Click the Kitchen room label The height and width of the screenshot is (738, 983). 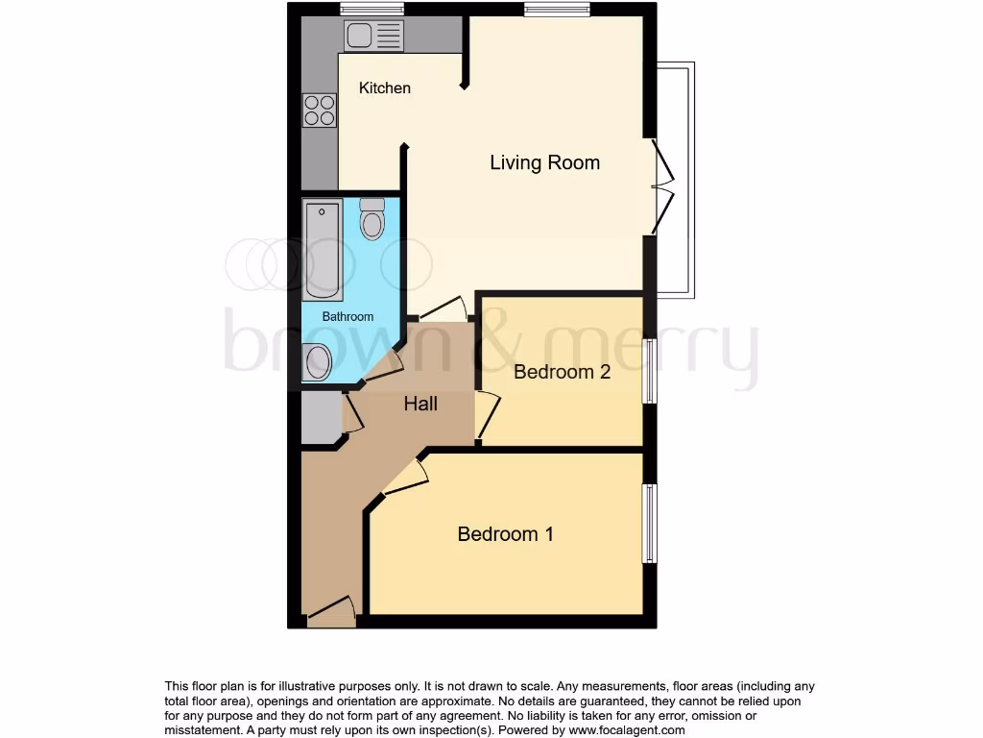[384, 88]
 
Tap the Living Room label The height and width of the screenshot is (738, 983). [544, 162]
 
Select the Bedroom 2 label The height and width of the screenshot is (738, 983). [562, 372]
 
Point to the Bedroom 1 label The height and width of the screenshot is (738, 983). [505, 534]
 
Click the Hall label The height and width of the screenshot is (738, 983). [420, 404]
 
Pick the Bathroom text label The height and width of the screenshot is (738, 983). [348, 316]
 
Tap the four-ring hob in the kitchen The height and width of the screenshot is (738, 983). [320, 110]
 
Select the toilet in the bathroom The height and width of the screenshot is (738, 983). [372, 219]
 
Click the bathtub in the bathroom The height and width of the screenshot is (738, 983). [323, 250]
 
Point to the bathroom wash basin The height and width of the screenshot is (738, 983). [317, 363]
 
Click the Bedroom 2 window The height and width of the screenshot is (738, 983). [650, 371]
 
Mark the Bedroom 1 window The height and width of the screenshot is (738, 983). [650, 524]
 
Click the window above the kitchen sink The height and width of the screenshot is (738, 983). [372, 10]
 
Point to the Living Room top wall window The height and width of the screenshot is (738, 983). [557, 10]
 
